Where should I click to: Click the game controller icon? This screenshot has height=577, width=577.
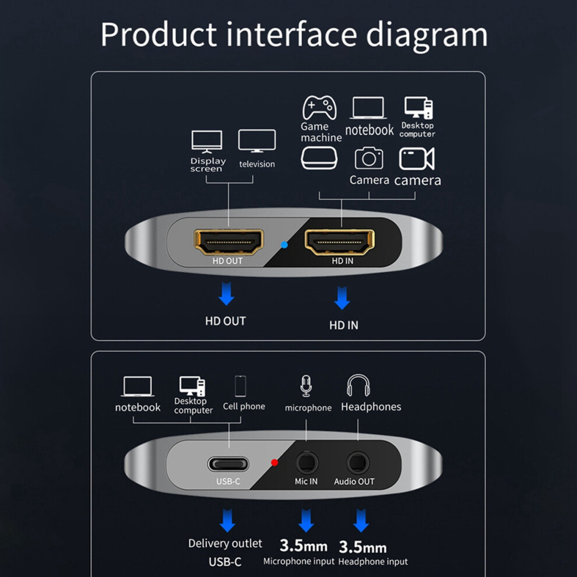tap(319, 107)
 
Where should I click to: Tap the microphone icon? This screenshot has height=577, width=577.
tap(306, 386)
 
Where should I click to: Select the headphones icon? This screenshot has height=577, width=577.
tap(358, 386)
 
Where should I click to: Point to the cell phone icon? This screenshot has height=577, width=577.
tap(240, 386)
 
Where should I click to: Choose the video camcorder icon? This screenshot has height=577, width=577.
tap(416, 159)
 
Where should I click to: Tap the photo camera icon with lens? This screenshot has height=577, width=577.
tap(369, 159)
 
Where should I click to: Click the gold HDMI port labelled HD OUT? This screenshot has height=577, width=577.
tap(229, 241)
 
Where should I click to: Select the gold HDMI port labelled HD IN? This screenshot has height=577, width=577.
tap(340, 241)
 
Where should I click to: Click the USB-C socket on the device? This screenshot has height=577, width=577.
tap(228, 465)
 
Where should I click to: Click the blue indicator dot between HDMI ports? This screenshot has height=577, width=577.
tap(284, 245)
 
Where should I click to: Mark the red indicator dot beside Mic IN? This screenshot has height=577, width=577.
tap(275, 463)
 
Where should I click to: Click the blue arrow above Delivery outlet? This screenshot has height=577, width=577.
tap(227, 519)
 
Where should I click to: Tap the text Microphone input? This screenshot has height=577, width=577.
tap(299, 561)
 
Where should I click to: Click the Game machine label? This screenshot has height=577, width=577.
tap(321, 132)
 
